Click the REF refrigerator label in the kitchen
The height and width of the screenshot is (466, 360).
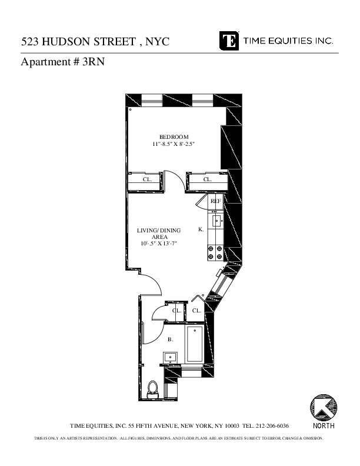tap(216, 201)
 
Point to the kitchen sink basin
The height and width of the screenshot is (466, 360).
tap(216, 222)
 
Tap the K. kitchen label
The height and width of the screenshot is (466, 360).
tap(201, 229)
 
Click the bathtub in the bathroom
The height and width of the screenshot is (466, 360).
tap(194, 346)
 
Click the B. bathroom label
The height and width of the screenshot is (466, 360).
tap(171, 339)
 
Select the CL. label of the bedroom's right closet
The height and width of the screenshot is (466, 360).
tap(207, 179)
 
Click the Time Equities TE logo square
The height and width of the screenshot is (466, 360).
tap(229, 41)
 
